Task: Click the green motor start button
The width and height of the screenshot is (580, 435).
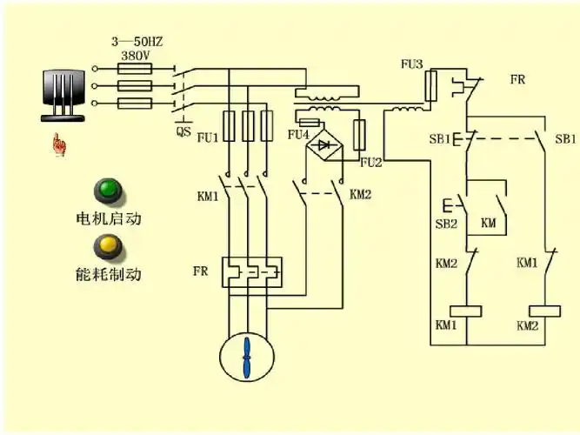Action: click(x=109, y=189)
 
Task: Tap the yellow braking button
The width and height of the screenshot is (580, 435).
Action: click(x=109, y=245)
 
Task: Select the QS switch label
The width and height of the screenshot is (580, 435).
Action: click(x=183, y=132)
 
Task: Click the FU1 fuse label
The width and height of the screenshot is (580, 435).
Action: click(x=208, y=137)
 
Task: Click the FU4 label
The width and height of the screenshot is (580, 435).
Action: click(x=298, y=136)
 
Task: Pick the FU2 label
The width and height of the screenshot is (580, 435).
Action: click(x=371, y=163)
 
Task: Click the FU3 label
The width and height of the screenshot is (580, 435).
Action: click(x=411, y=65)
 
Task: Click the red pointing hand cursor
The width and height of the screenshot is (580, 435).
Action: click(x=59, y=144)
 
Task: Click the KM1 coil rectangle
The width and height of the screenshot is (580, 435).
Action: click(x=465, y=311)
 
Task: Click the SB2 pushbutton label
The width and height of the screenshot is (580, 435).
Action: click(x=446, y=224)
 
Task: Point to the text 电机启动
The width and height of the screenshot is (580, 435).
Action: click(x=108, y=218)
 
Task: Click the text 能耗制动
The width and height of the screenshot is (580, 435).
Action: click(x=108, y=275)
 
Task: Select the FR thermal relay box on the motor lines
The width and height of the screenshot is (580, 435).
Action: click(x=250, y=271)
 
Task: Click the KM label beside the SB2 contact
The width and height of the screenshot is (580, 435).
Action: click(x=489, y=224)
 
